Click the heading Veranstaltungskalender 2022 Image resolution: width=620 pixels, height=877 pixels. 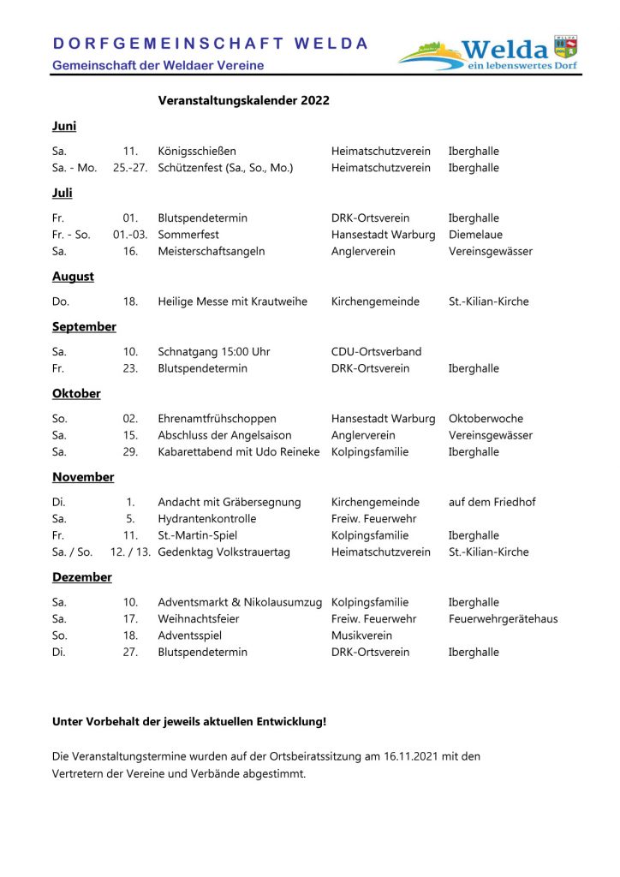pyautogui.click(x=243, y=101)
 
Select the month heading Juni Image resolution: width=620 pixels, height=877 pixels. pyautogui.click(x=64, y=126)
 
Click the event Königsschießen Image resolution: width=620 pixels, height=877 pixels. pyautogui.click(x=197, y=152)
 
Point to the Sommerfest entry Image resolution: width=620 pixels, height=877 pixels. pyautogui.click(x=188, y=235)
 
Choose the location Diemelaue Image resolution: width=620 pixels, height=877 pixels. pyautogui.click(x=475, y=235)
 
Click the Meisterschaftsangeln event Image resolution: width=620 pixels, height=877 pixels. pyautogui.click(x=212, y=252)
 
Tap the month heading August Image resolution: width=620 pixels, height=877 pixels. pyautogui.click(x=73, y=277)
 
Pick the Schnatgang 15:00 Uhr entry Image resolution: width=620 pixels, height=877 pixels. pyautogui.click(x=214, y=352)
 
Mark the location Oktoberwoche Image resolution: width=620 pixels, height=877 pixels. pyautogui.click(x=486, y=419)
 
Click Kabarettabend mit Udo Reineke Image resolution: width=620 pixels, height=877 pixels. pyautogui.click(x=239, y=452)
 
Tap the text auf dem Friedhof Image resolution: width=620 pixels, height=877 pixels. pyautogui.click(x=492, y=503)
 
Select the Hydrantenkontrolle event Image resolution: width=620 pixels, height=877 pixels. pyautogui.click(x=207, y=519)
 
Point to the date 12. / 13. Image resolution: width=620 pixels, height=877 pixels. pyautogui.click(x=130, y=552)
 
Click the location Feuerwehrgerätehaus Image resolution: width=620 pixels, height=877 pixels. pyautogui.click(x=503, y=619)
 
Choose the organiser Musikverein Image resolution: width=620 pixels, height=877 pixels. pyautogui.click(x=361, y=635)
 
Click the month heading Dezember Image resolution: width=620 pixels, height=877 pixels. pyautogui.click(x=82, y=577)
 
